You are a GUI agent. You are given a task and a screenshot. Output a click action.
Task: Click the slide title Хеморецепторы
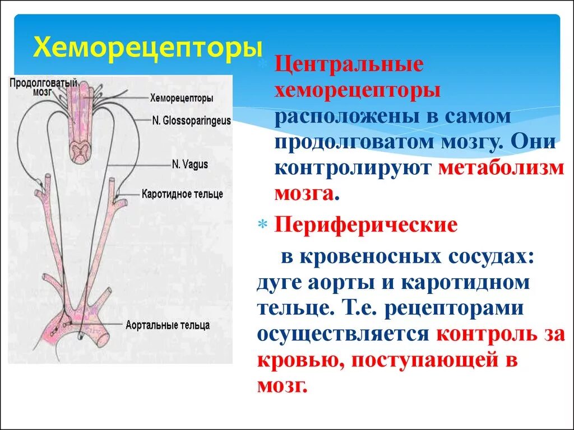coord(147,48)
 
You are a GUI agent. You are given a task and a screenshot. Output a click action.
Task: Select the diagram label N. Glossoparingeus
coord(191,120)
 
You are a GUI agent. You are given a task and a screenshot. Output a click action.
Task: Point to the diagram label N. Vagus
coord(190,164)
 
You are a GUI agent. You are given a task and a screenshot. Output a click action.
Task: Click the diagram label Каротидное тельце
coord(182,194)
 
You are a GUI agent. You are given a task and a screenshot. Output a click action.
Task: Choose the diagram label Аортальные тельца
coord(168,325)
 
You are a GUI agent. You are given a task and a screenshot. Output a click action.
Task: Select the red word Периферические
coord(365,226)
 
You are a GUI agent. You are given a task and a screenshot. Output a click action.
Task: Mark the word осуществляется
coord(343,334)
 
